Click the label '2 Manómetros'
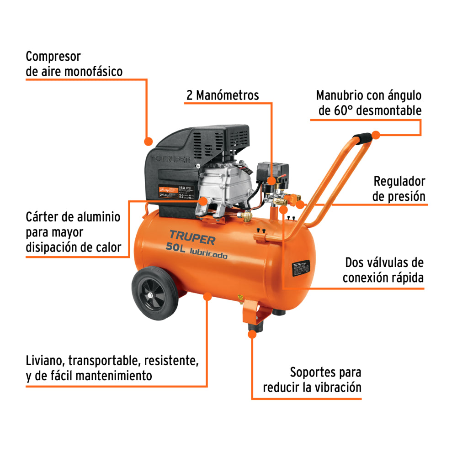(223, 95)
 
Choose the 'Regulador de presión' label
(399, 189)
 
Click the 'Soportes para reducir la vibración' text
(312, 380)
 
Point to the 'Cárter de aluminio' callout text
(73, 216)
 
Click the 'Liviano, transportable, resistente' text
(112, 361)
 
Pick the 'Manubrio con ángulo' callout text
(369, 95)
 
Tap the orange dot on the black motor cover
(148, 140)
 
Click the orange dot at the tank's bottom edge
(207, 297)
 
